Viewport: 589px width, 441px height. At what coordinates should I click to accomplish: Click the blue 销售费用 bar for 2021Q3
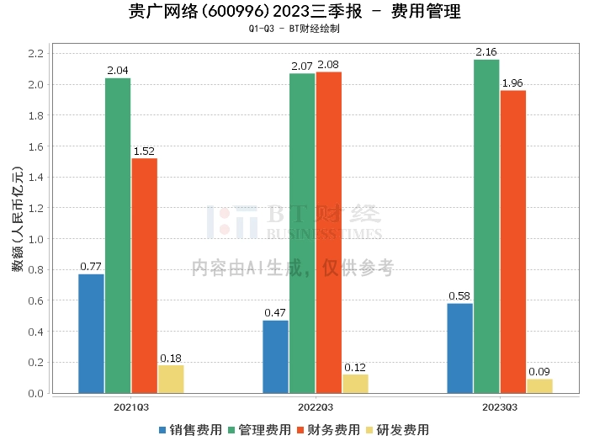pyautogui.click(x=91, y=333)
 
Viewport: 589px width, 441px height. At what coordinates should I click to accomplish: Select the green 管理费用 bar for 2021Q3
pyautogui.click(x=118, y=236)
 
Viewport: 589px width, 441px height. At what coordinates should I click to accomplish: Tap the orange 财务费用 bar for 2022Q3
pyautogui.click(x=329, y=232)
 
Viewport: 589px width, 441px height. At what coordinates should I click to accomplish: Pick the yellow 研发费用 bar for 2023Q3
pyautogui.click(x=540, y=386)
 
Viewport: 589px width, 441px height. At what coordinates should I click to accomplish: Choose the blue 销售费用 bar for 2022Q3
pyautogui.click(x=275, y=357)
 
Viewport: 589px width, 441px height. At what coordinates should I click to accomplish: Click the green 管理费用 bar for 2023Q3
pyautogui.click(x=486, y=226)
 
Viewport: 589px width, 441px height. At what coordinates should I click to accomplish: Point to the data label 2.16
pyautogui.click(x=486, y=52)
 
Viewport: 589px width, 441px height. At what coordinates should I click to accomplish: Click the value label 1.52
pyautogui.click(x=144, y=151)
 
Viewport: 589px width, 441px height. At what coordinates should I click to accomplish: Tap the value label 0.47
pyautogui.click(x=275, y=313)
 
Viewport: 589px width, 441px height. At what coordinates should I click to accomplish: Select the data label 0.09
pyautogui.click(x=540, y=372)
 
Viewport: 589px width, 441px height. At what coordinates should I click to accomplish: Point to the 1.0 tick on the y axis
pyautogui.click(x=34, y=239)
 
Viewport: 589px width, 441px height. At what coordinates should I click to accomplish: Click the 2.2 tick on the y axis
pyautogui.click(x=34, y=54)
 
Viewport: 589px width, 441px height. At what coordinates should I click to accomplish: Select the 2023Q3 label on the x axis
pyautogui.click(x=500, y=406)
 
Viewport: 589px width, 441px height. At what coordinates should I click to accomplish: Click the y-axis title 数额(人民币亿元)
pyautogui.click(x=17, y=224)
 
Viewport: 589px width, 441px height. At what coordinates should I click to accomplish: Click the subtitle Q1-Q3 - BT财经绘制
pyautogui.click(x=294, y=29)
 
